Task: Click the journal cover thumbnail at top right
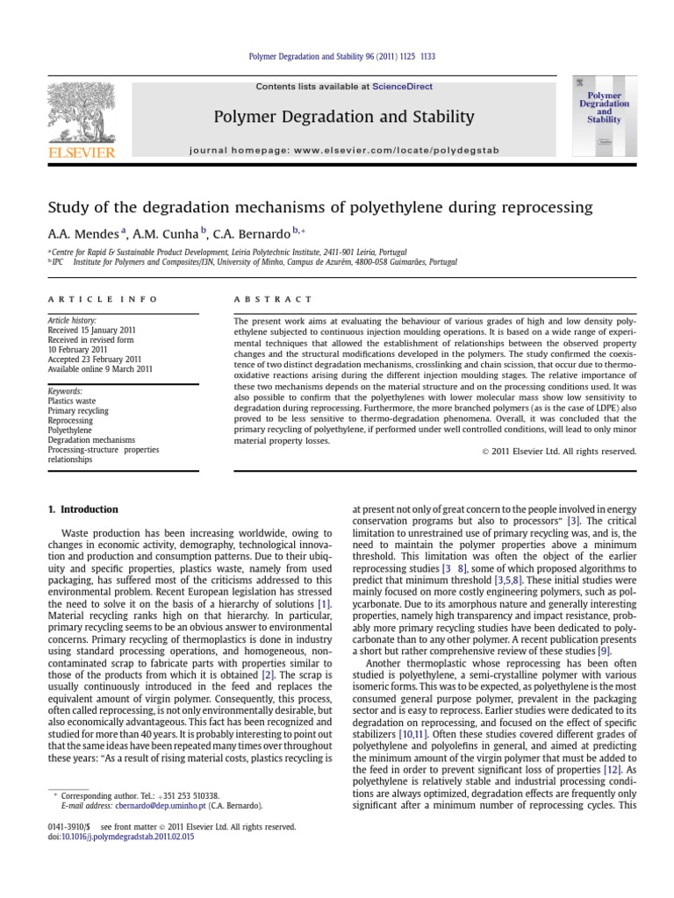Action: point(603,116)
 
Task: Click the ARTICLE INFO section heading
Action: point(102,299)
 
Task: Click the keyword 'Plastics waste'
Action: point(73,400)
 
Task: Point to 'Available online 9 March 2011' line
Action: point(100,369)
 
